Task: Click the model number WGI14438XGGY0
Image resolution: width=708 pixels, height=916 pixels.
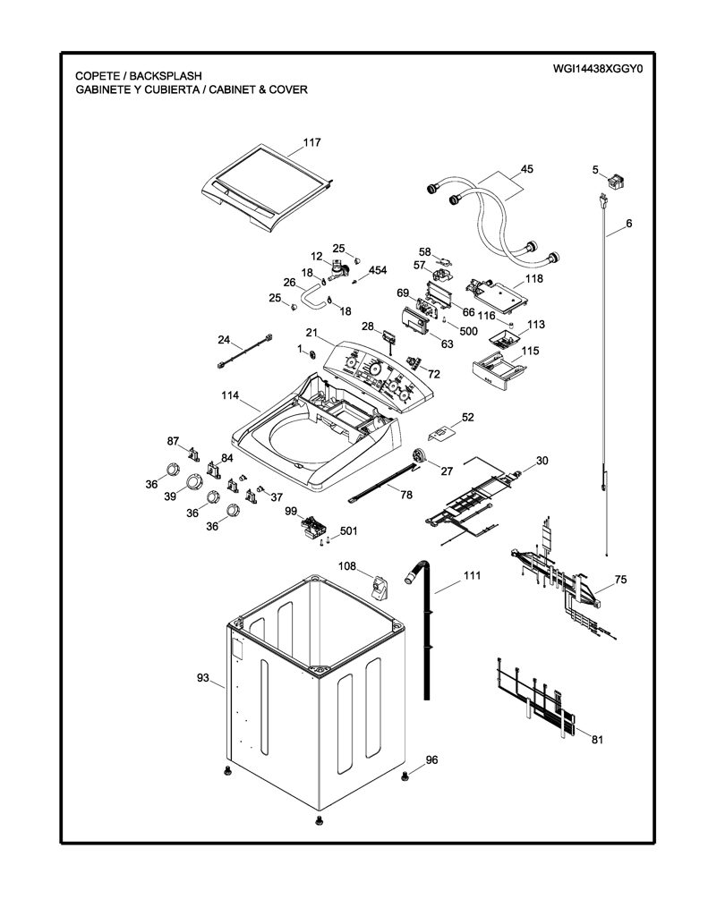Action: (x=598, y=69)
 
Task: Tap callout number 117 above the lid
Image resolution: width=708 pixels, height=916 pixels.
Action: (x=311, y=142)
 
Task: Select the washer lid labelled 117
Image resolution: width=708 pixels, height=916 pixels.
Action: (x=267, y=186)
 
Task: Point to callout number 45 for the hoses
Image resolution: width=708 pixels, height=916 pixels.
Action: (x=527, y=169)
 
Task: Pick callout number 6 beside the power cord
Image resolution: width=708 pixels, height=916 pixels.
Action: (x=628, y=223)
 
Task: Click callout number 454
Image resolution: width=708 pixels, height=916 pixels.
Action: (x=378, y=270)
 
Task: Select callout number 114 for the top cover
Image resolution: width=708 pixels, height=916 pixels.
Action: (x=230, y=395)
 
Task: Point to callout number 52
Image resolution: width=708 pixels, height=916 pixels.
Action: (x=468, y=417)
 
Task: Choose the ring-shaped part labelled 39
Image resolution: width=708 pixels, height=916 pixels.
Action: (x=192, y=482)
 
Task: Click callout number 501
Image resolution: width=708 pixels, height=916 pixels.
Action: (x=348, y=531)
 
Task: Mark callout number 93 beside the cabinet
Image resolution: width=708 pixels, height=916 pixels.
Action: (x=203, y=678)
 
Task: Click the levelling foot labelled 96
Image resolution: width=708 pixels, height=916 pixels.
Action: (x=404, y=776)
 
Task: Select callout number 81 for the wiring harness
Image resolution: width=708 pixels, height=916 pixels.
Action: (x=597, y=740)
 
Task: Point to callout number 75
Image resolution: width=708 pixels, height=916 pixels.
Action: (x=620, y=579)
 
